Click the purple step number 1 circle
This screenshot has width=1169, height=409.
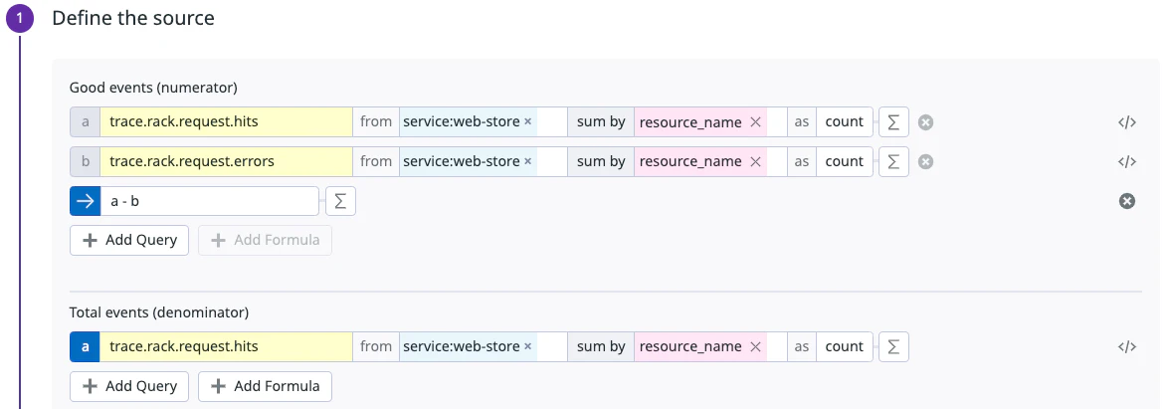20,19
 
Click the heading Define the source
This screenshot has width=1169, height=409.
132,18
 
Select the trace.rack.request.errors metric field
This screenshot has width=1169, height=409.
226,161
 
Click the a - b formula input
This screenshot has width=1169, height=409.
209,201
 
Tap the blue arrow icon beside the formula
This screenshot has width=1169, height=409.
85,201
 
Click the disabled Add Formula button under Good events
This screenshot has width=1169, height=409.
265,240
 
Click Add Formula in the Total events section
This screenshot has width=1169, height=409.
265,386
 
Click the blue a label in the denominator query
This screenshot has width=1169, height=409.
85,346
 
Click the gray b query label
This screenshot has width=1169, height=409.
85,161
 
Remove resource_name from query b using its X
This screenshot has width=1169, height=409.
755,161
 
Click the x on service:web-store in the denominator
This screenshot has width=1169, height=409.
527,346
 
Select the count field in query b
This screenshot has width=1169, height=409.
844,161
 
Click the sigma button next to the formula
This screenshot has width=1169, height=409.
340,201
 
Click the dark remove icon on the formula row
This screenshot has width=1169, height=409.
1126,201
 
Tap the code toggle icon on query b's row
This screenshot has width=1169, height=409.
1126,161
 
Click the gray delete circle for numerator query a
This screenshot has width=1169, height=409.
925,122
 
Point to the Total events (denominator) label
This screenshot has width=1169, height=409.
158,312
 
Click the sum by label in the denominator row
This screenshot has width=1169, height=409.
601,346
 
